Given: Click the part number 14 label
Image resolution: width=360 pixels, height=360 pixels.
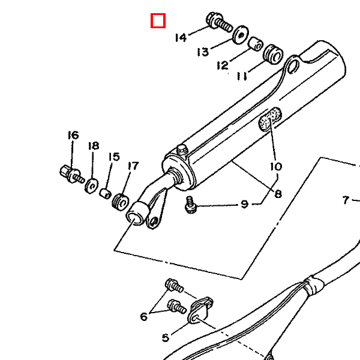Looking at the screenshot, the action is pos(181,38).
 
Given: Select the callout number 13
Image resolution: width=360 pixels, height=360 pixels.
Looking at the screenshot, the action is pos(203,52).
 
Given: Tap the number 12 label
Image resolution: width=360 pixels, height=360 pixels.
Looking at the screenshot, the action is pos(223,65).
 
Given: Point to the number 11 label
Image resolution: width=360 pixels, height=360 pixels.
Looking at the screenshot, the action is pos(242,76).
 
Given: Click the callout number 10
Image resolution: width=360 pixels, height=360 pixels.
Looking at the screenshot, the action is pos(276,166).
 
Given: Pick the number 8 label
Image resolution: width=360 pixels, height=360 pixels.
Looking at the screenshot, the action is pos(278,194).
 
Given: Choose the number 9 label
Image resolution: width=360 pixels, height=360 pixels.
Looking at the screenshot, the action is pos(245,204).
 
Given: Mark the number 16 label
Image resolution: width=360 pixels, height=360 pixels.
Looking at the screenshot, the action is pos(73,135).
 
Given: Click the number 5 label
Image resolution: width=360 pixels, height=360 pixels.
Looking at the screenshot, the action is pos(166,337).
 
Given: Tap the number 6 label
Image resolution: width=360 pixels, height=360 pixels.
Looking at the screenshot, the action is pos(144,317).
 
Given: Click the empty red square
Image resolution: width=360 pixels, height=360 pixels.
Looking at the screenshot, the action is pos(158,20).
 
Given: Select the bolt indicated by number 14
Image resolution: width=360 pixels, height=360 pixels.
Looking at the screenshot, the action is pos(219,22).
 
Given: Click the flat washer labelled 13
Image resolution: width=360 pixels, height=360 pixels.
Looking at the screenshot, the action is pos(241,35).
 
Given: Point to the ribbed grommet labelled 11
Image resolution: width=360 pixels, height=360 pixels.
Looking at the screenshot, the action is pos(273,54).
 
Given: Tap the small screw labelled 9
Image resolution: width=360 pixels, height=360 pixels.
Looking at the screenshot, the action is pos(191,205).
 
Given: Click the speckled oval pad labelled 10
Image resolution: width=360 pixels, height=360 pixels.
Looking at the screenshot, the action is pos(270,119).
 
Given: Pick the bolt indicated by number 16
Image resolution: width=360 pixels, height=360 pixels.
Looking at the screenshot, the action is pos(72,174).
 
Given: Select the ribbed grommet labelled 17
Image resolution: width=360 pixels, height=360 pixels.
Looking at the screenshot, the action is pos(121,202).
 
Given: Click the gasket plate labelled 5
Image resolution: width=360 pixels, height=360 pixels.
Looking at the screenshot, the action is pos(200,310).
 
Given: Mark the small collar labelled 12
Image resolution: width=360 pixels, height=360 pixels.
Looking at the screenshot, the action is pos(256,44).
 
